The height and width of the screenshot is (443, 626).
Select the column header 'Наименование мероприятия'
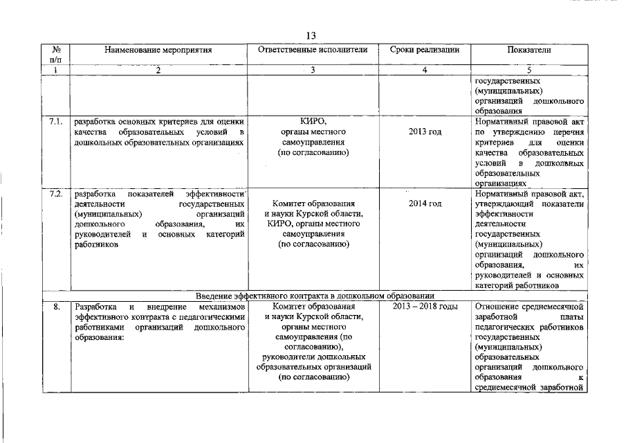coord(158,51)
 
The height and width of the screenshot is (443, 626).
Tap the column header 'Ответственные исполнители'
coord(313,51)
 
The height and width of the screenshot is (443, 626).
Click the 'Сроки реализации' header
coord(424,51)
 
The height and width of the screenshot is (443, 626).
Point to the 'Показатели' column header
coord(529,51)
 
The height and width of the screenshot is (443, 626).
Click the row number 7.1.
coord(56,121)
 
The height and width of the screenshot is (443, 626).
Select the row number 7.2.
coord(56,193)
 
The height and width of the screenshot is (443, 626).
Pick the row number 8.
coord(55,306)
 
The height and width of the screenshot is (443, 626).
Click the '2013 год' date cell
coord(425,132)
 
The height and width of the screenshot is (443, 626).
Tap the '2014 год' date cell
coord(425,204)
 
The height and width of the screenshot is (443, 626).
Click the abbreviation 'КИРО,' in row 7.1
coord(313,121)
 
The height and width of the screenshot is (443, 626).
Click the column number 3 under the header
coord(313,71)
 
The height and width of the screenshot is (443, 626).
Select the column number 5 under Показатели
coord(529,71)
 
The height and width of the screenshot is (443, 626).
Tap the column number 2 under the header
coord(158,71)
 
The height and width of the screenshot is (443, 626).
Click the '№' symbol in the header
coord(56,51)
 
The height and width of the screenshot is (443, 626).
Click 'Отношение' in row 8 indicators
coord(499,306)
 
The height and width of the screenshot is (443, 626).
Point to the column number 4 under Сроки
coord(424,71)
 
